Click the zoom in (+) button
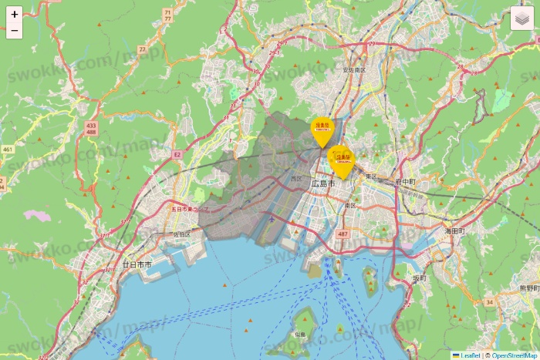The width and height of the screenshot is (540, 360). click(x=15, y=15)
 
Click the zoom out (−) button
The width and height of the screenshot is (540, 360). click(x=15, y=31)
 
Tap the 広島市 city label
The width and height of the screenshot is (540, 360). click(x=323, y=184)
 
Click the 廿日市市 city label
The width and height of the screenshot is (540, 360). click(x=137, y=264)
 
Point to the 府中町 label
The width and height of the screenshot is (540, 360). click(x=404, y=182)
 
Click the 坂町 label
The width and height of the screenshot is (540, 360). click(x=419, y=278)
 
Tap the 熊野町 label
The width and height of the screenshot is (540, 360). click(x=528, y=288)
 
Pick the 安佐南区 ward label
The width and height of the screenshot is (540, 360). click(x=354, y=70)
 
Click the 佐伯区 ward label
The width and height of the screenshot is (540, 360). click(x=181, y=234)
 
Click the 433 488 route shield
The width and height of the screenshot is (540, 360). click(x=92, y=129)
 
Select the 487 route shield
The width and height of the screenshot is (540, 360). click(x=343, y=234)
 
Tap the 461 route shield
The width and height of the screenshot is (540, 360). click(x=8, y=149)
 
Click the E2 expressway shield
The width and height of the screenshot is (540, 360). click(x=177, y=155)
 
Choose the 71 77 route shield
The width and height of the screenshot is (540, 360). click(x=167, y=15)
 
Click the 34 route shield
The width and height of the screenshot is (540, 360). click(x=489, y=302)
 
